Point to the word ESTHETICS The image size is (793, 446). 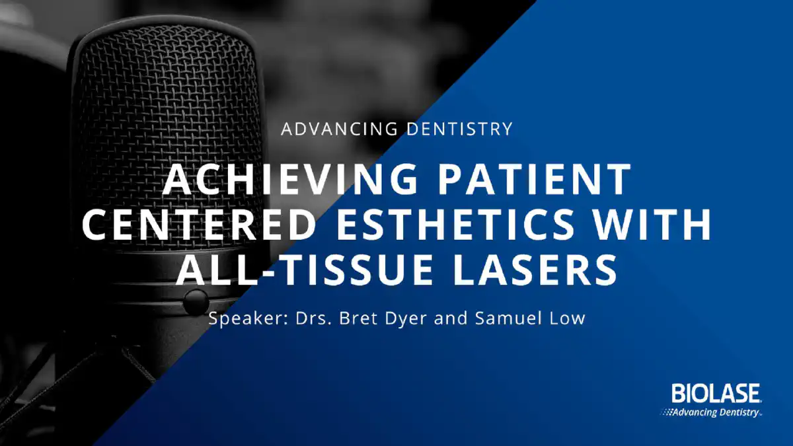coord(455,224)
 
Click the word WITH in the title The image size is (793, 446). coord(652,224)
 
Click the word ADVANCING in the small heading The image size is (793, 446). coord(340,129)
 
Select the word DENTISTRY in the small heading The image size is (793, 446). coord(459,129)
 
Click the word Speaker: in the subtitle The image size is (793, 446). coord(247,318)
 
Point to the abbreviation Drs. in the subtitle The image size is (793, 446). coord(313,318)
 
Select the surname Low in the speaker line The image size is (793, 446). coord(568,318)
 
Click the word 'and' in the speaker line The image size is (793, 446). coord(451,318)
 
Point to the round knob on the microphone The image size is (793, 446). coord(195,301)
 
